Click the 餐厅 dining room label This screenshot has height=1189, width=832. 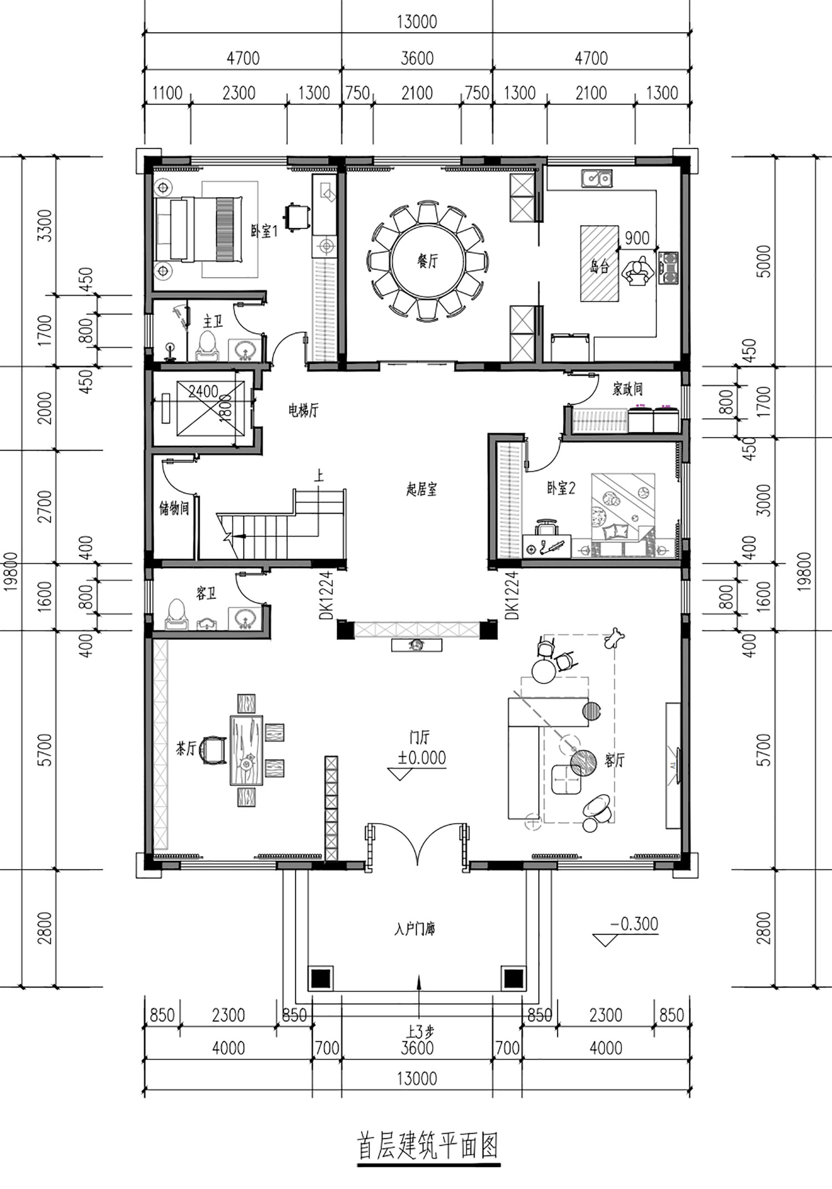click(x=427, y=261)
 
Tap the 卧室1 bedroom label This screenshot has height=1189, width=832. click(x=263, y=231)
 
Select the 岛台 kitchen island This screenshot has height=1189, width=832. click(x=600, y=263)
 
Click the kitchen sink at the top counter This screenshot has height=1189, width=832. click(x=597, y=178)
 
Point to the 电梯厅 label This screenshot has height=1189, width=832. click(x=303, y=411)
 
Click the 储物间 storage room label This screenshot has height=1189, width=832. click(x=174, y=508)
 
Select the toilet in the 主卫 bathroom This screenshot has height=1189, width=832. click(x=208, y=347)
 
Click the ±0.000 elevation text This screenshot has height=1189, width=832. click(x=422, y=758)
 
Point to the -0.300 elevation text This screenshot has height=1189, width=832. click(x=634, y=924)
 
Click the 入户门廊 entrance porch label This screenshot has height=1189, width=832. click(x=415, y=929)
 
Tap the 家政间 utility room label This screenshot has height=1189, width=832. click(x=627, y=389)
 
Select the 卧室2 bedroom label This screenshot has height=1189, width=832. click(x=561, y=488)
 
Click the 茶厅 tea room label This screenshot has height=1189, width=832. click(x=186, y=749)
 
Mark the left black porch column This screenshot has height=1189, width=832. click(x=321, y=978)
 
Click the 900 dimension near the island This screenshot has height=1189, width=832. click(x=637, y=238)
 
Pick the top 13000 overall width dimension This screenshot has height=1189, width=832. click(x=417, y=22)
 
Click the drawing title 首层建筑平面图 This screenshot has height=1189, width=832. click(x=428, y=1146)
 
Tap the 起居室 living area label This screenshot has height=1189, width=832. click(x=422, y=489)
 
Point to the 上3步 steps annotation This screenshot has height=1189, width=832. click(x=420, y=1032)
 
